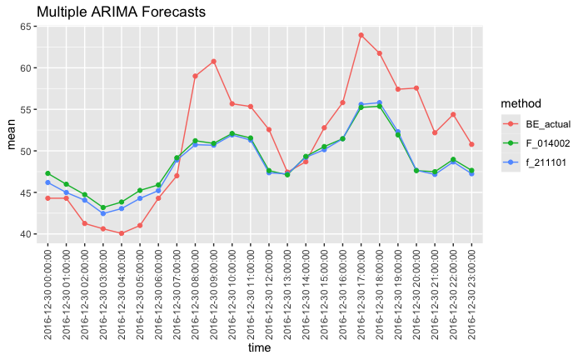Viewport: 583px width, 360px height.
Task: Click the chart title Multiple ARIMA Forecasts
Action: point(122,12)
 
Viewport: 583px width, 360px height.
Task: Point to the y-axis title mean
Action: point(12,134)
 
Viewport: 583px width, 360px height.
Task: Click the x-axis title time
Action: point(260,348)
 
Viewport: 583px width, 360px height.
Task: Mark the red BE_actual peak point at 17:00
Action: point(361,35)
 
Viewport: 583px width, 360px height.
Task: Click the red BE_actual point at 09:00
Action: point(213,61)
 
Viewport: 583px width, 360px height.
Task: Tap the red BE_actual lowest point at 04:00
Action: point(122,233)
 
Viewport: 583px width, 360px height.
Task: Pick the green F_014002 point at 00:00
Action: point(47,173)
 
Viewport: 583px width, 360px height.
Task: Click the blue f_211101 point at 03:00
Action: point(103,213)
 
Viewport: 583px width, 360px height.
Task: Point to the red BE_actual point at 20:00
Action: point(416,88)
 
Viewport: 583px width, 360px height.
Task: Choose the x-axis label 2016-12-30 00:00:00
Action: point(48,291)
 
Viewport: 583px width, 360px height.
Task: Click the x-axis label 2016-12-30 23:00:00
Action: point(471,291)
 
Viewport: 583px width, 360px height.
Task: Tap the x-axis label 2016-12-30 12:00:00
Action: point(269,291)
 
